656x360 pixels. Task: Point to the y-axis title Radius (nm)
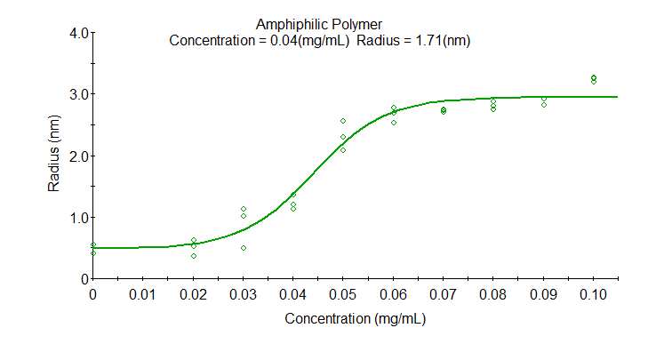(54, 156)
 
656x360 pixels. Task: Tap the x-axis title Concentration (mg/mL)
(355, 317)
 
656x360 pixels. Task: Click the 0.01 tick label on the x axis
(143, 293)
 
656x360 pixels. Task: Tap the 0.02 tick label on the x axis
(194, 293)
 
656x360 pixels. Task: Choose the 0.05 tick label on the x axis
(343, 293)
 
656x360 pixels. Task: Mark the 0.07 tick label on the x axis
(444, 293)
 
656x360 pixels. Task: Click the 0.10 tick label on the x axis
(593, 293)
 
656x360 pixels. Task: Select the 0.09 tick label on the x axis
(543, 293)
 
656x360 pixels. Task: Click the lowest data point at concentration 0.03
(244, 248)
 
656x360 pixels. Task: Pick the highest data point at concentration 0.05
(343, 121)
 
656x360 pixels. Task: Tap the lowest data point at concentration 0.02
(194, 256)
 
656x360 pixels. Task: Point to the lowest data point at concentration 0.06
(394, 123)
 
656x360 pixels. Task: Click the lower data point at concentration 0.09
(544, 105)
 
